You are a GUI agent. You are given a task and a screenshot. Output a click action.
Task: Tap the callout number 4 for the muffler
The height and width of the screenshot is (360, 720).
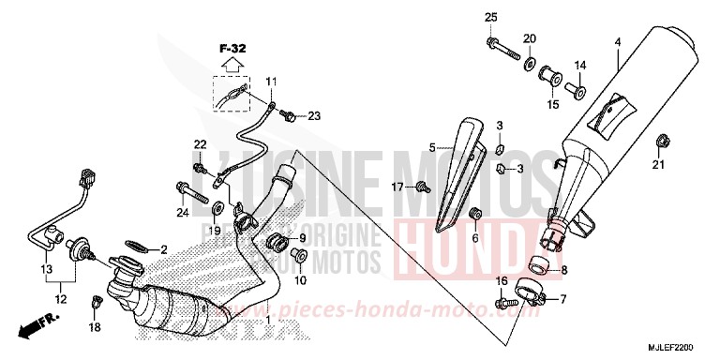(618, 42)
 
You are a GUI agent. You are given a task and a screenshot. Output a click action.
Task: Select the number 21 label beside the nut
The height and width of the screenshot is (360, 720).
(657, 166)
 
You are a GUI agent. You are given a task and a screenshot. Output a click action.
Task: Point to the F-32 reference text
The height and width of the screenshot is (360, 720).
(232, 48)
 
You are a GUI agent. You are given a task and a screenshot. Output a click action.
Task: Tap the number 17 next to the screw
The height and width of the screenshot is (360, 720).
(397, 187)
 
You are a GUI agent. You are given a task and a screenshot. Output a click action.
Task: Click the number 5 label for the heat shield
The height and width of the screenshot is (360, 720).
(433, 147)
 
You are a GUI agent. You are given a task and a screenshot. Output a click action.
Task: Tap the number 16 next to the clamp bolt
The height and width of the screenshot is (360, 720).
(502, 282)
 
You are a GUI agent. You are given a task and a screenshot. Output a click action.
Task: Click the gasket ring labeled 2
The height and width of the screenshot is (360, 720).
(138, 247)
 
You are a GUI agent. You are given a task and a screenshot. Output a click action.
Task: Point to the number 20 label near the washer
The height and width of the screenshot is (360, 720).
(530, 38)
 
